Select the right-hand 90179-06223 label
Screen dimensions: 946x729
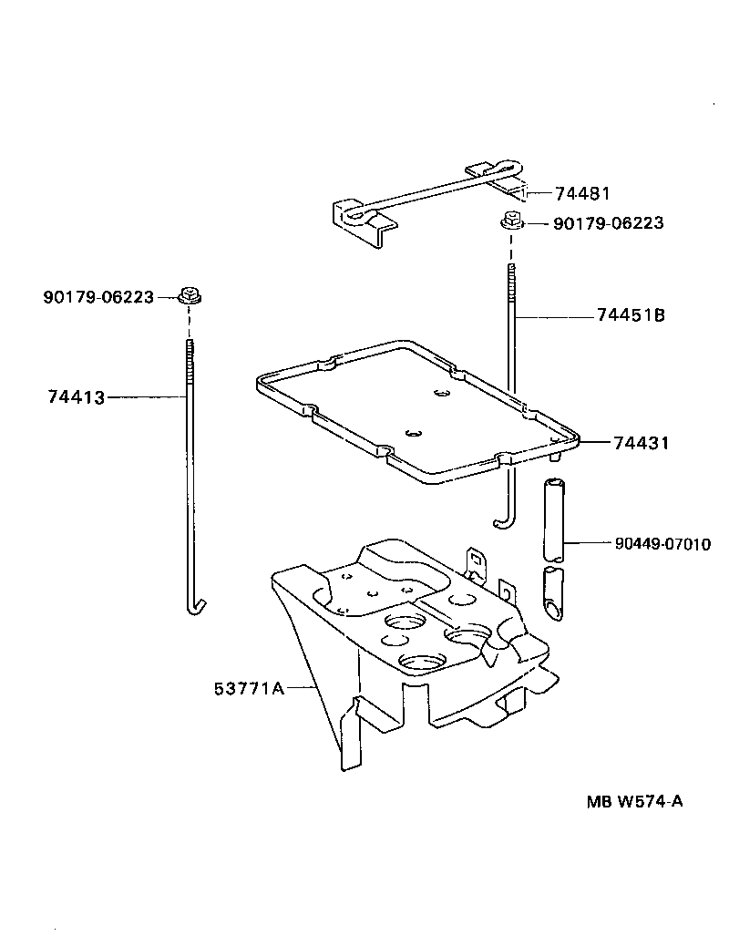(x=608, y=223)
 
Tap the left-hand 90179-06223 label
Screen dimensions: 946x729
(x=98, y=296)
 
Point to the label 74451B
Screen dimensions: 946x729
(x=631, y=315)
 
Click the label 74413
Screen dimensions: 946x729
(x=76, y=397)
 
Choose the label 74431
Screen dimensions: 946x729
(x=642, y=443)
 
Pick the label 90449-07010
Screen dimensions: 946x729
(x=662, y=544)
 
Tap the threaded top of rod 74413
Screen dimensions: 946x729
(x=190, y=352)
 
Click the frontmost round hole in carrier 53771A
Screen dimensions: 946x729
(x=419, y=663)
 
